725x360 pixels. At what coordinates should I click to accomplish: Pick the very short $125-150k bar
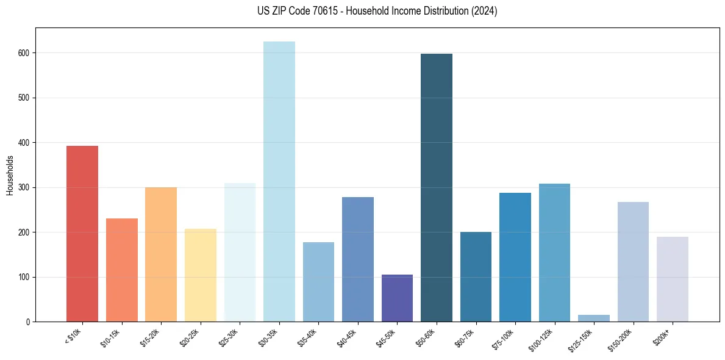pyautogui.click(x=594, y=318)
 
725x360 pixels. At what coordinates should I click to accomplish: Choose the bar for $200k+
pyautogui.click(x=673, y=279)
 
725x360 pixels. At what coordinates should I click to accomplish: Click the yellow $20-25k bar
pyautogui.click(x=201, y=275)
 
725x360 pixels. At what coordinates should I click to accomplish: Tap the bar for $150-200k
pyautogui.click(x=633, y=262)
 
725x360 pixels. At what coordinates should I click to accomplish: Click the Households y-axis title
pyautogui.click(x=10, y=175)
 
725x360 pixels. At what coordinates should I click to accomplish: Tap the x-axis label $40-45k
pyautogui.click(x=348, y=337)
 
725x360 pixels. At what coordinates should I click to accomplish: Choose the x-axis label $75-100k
pyautogui.click(x=504, y=338)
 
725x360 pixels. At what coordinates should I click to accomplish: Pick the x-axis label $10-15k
pyautogui.click(x=111, y=337)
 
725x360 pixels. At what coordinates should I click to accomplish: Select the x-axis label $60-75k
pyautogui.click(x=465, y=337)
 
